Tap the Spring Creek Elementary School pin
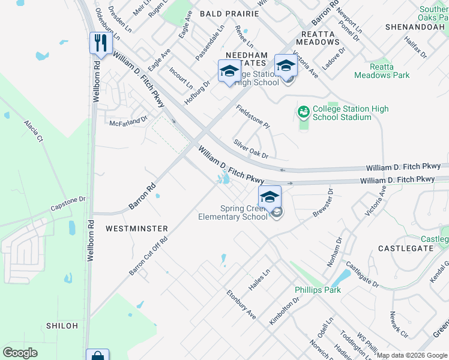pos(270,197)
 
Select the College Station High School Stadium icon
pos(303,112)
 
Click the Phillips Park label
pos(318,290)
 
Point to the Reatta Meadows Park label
pos(382,71)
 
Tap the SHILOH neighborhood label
pos(62,325)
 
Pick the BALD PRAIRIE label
pos(224,13)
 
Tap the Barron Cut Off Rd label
pos(148,256)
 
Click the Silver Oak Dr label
pos(251,150)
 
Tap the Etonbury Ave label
pos(241,305)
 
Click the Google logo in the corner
pos(20,353)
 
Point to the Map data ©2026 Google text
pos(412,355)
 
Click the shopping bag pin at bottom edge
pos(97,356)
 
